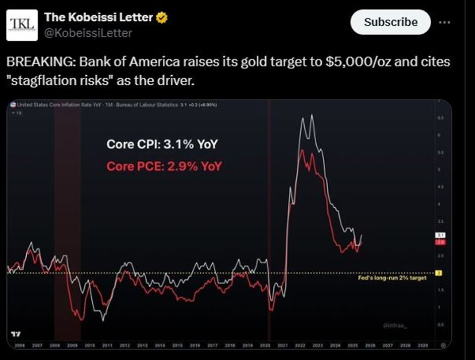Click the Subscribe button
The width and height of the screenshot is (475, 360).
click(x=391, y=22)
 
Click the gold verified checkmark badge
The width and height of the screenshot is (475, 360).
click(x=162, y=18)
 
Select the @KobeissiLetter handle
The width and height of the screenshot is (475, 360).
click(x=88, y=33)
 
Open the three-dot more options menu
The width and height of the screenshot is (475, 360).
click(x=444, y=22)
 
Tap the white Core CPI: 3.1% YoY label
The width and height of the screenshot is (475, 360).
click(x=162, y=144)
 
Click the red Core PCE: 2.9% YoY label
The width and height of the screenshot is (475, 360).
click(x=163, y=166)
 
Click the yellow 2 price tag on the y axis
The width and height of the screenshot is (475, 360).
click(x=438, y=273)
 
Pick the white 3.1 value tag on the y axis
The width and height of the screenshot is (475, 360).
click(x=438, y=235)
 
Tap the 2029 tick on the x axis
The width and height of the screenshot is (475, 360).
click(x=423, y=346)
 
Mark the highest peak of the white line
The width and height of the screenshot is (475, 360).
click(x=312, y=115)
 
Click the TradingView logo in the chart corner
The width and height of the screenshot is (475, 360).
click(x=16, y=334)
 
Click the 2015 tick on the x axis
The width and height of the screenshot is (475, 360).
click(x=176, y=346)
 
